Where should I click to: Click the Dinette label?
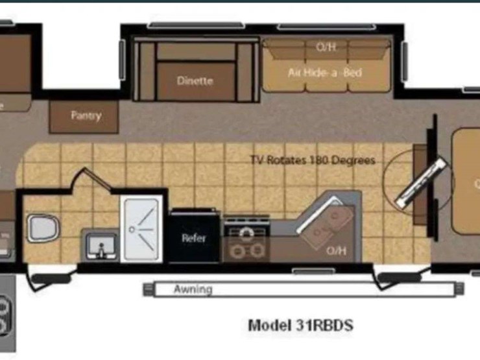click(x=195, y=81)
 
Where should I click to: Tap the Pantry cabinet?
click(x=85, y=116)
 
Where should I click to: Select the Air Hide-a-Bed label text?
click(x=324, y=73)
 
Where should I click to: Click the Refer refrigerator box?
click(x=193, y=237)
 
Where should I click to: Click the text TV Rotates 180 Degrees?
click(x=312, y=160)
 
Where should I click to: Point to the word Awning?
click(x=193, y=289)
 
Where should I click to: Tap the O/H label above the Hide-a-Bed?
click(x=326, y=47)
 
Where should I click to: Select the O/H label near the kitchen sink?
click(x=335, y=250)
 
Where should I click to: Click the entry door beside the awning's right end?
click(x=396, y=278)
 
